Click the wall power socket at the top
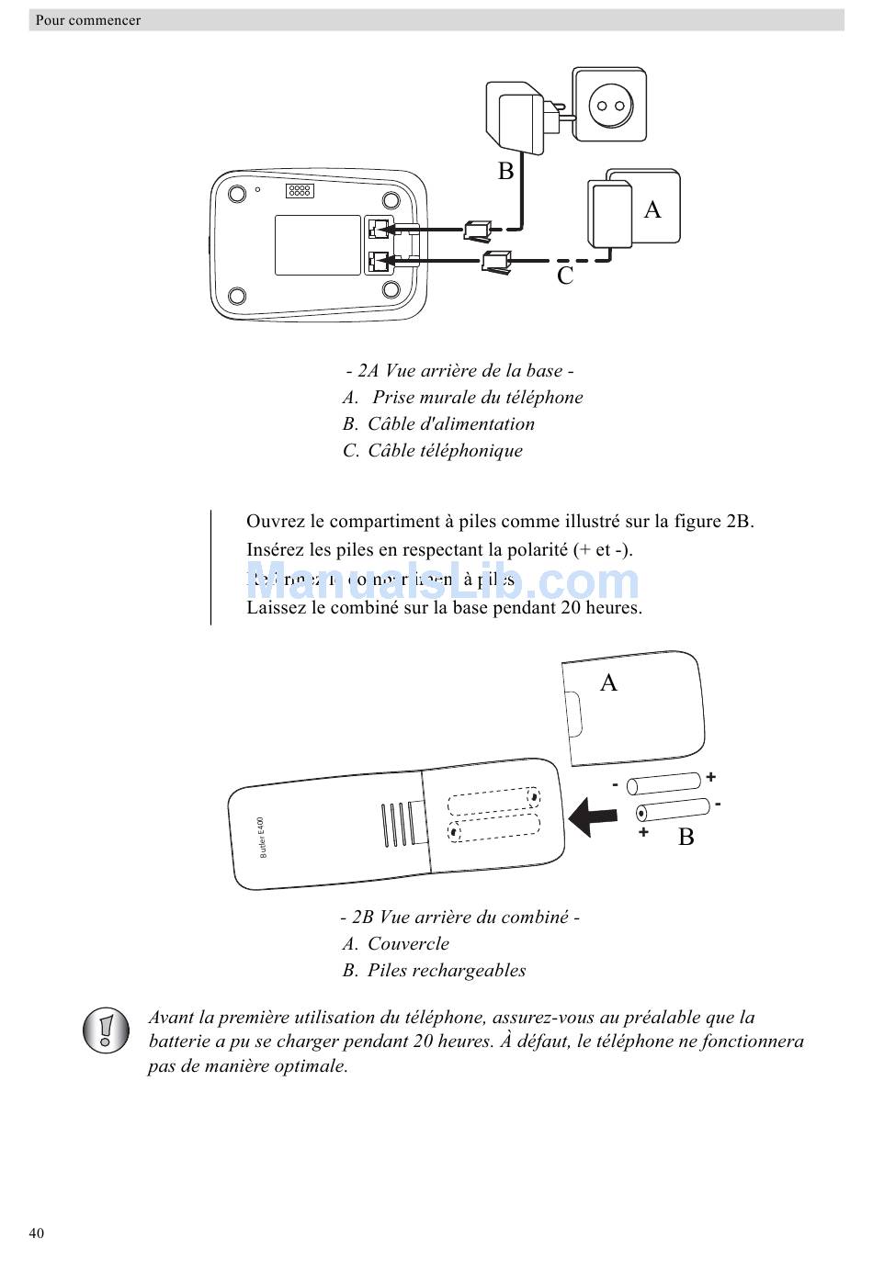609,105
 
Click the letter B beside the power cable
505,171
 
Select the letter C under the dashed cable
565,276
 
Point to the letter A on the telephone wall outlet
652,209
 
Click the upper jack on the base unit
378,229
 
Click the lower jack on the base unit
378,263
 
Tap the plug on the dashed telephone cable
495,262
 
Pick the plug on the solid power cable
479,229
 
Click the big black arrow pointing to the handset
592,816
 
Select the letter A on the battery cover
608,682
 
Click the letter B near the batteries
686,837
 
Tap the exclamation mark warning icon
106,1030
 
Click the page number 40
37,1233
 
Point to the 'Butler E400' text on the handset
262,837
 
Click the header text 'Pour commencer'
88,20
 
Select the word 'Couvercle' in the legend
408,943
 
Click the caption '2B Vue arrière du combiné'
459,917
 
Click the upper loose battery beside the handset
664,783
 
